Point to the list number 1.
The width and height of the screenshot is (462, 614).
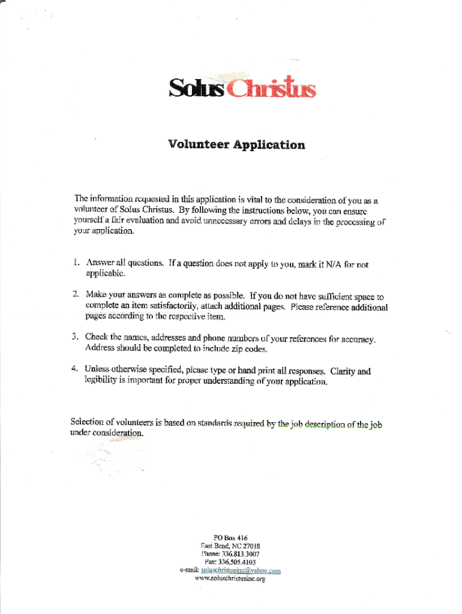click(x=76, y=263)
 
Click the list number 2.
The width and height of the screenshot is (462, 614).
click(x=76, y=294)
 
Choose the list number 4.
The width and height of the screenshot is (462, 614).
click(x=76, y=371)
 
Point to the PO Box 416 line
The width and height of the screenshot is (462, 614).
click(x=230, y=538)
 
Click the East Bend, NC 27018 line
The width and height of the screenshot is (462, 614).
click(x=230, y=546)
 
